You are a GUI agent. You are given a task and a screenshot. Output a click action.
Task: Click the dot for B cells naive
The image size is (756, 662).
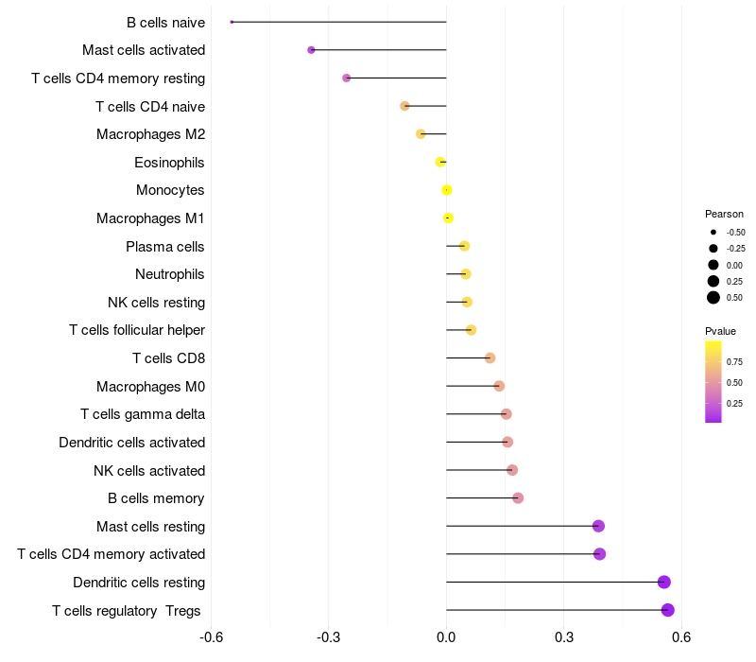pyautogui.click(x=232, y=22)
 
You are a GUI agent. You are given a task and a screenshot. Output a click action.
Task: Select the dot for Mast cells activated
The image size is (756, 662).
pyautogui.click(x=311, y=49)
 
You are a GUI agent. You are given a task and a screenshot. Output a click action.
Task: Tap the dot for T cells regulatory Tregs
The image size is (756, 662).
pyautogui.click(x=667, y=610)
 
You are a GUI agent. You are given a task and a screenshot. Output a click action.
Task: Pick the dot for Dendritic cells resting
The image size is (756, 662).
pyautogui.click(x=663, y=582)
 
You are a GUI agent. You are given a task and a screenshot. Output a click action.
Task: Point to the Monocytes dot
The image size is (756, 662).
pyautogui.click(x=447, y=190)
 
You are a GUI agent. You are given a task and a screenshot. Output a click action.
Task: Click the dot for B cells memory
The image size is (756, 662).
pyautogui.click(x=518, y=497)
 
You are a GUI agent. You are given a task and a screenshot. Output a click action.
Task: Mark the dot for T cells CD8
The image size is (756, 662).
pyautogui.click(x=490, y=357)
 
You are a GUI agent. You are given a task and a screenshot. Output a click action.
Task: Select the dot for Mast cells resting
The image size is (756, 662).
pyautogui.click(x=598, y=526)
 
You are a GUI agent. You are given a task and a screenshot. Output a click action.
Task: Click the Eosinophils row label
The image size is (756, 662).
pyautogui.click(x=169, y=163)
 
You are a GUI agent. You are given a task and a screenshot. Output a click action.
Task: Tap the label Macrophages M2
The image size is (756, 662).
pyautogui.click(x=150, y=134)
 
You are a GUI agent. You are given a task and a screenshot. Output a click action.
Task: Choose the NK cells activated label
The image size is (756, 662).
pyautogui.click(x=149, y=470)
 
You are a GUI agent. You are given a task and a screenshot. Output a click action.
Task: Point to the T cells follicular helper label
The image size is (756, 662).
pyautogui.click(x=137, y=330)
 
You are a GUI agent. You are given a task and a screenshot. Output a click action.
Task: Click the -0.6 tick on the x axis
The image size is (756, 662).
pyautogui.click(x=212, y=636)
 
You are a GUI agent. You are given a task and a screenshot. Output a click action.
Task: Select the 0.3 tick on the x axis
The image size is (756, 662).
pyautogui.click(x=563, y=636)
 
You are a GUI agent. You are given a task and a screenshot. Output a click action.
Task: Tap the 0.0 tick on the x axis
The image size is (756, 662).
pyautogui.click(x=446, y=636)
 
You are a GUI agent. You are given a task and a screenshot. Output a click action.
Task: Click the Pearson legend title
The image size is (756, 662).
pyautogui.click(x=724, y=214)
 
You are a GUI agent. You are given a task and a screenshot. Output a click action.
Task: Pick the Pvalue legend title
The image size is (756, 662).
pyautogui.click(x=720, y=331)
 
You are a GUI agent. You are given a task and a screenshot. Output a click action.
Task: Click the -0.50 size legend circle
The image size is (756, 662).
pyautogui.click(x=713, y=232)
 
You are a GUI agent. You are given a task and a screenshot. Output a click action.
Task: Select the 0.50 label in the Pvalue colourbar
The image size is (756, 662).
pyautogui.click(x=734, y=382)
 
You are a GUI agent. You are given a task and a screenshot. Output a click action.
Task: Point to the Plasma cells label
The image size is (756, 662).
pyautogui.click(x=164, y=247)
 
